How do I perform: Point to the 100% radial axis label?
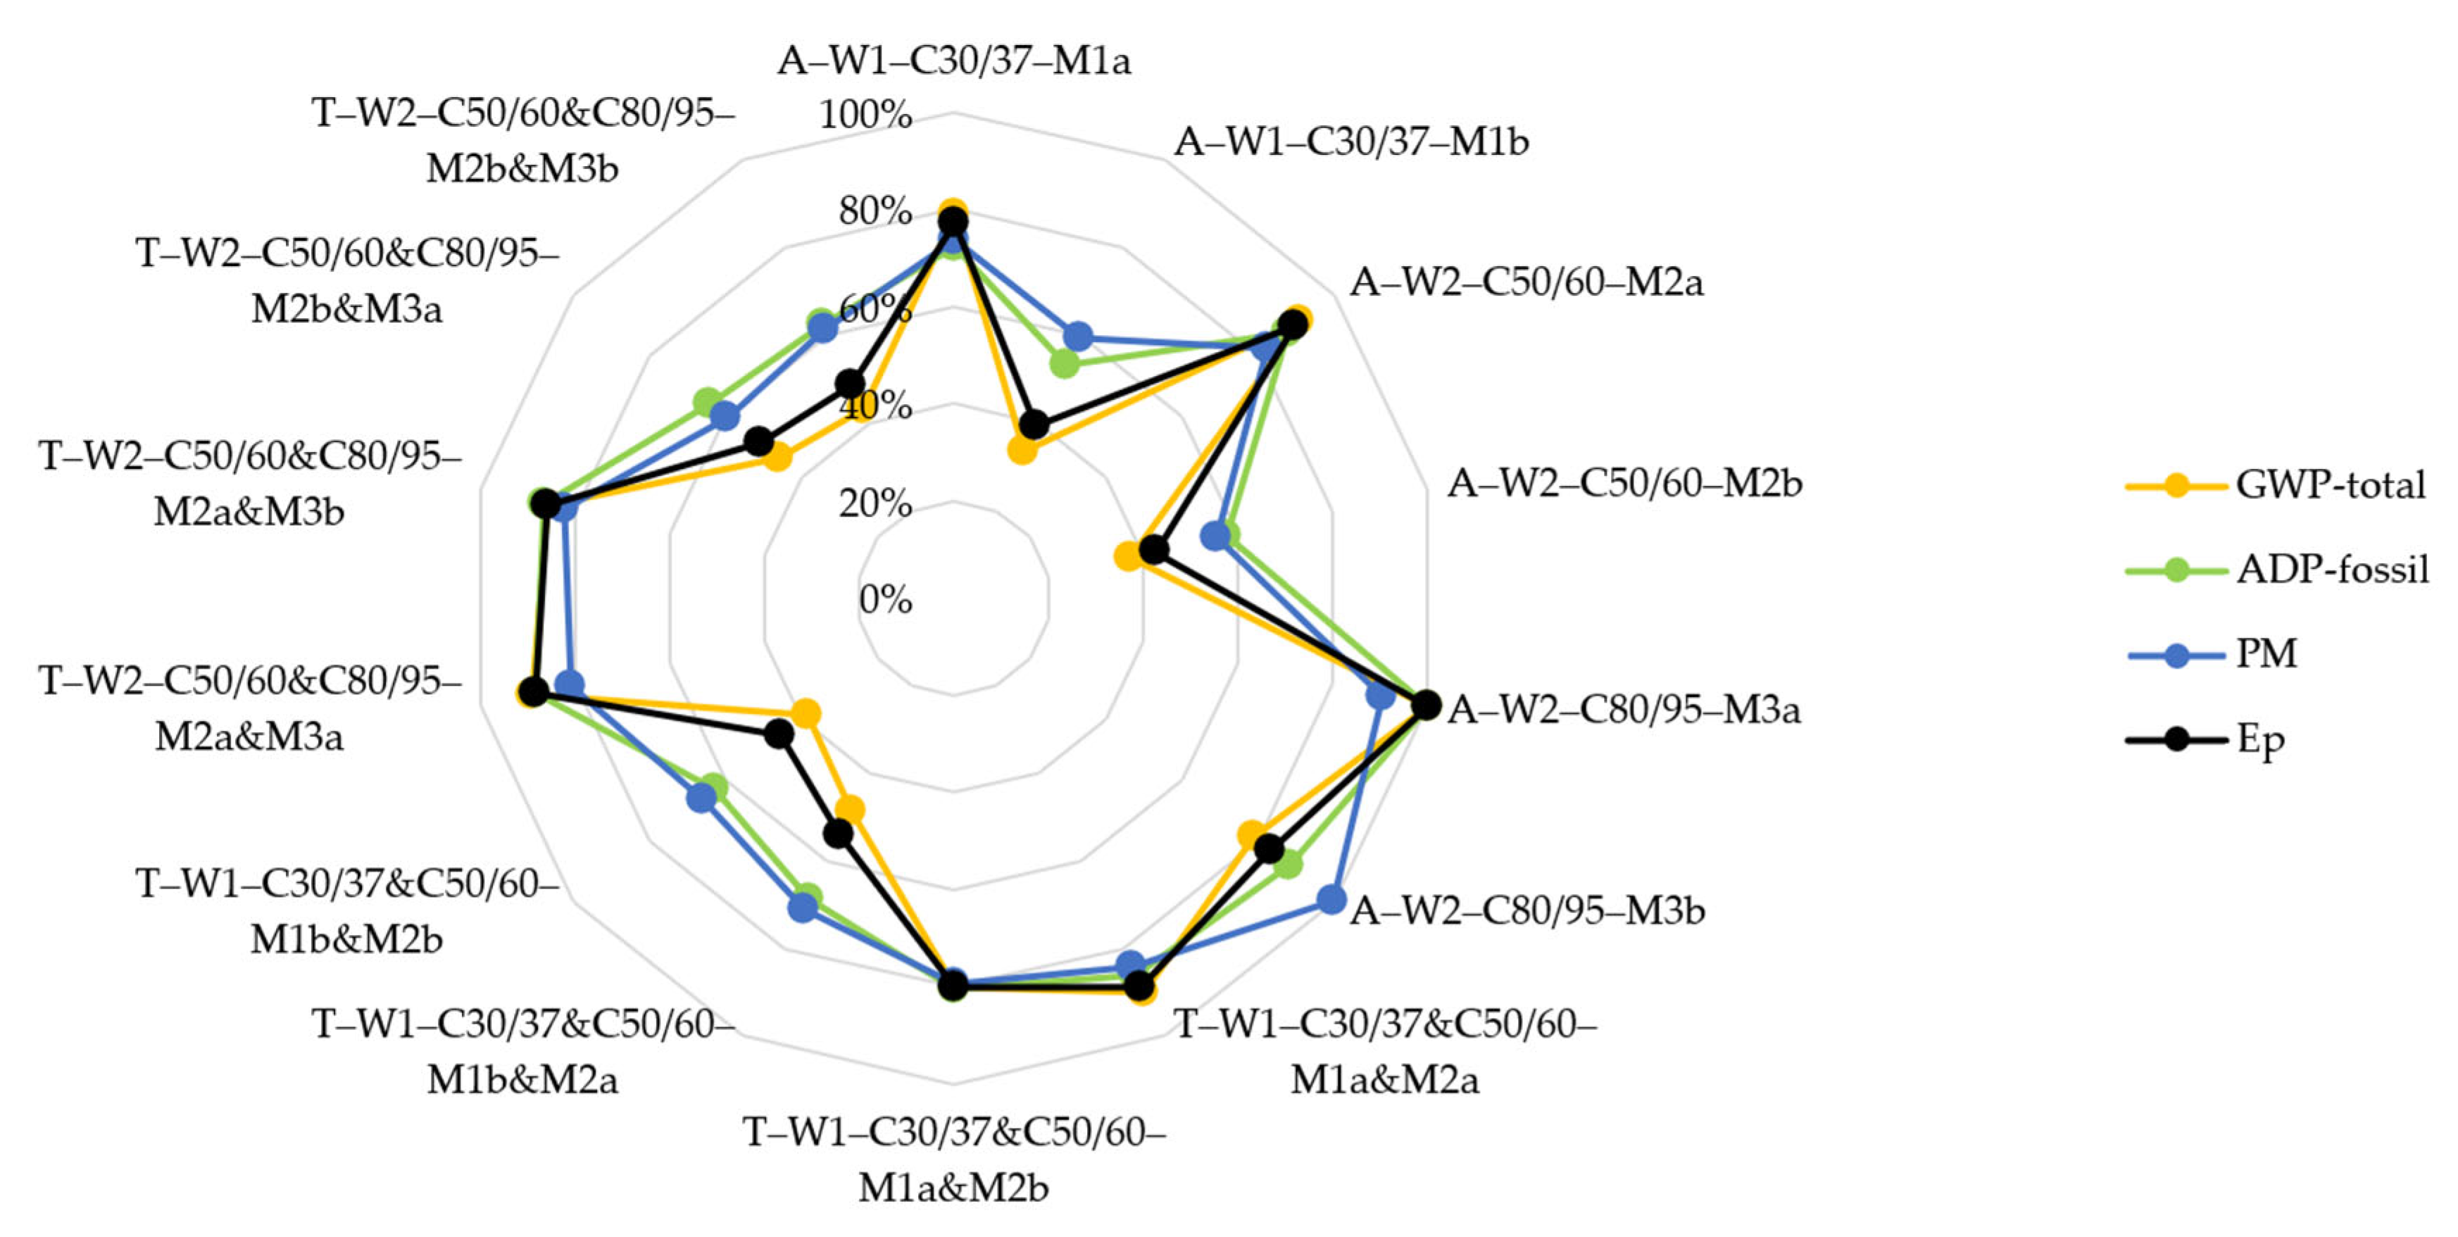865,115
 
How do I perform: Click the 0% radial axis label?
884,599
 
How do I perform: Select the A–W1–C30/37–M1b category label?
1350,142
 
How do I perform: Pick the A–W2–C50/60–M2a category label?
1526,282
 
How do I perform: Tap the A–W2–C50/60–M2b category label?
1624,483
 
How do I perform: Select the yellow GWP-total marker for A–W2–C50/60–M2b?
1129,555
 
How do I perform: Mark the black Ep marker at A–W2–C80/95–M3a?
1426,705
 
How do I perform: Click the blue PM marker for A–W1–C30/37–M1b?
1078,336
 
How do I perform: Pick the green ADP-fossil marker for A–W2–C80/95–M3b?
1288,865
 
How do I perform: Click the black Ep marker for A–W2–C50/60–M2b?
1155,550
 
